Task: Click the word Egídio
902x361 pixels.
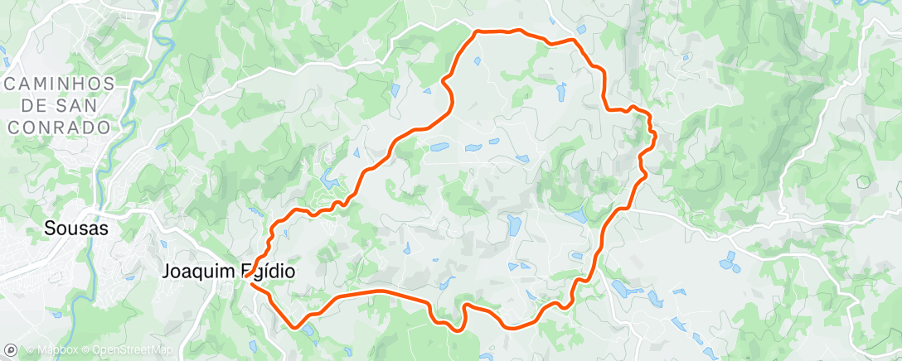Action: [266, 271]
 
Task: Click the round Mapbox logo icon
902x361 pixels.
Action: [11, 349]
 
